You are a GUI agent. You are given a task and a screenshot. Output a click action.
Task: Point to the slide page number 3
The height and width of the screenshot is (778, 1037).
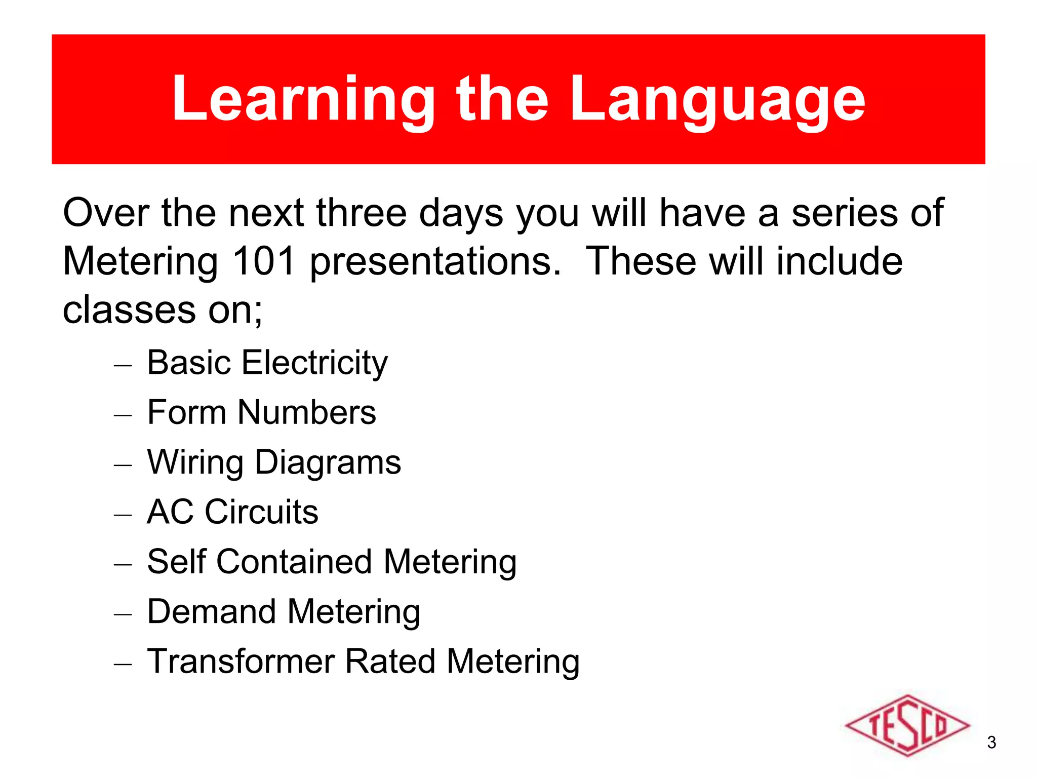(991, 743)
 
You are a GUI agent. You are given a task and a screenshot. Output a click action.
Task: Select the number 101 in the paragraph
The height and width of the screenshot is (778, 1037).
(263, 261)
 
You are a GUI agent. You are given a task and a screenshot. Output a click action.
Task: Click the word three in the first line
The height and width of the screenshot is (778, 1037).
(362, 213)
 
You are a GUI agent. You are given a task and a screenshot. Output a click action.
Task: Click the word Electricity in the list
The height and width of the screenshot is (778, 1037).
(315, 363)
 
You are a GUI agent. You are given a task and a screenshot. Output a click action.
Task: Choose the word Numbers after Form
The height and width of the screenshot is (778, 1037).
(307, 412)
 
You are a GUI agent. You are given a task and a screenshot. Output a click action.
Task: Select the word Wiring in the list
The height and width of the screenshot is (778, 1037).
(195, 463)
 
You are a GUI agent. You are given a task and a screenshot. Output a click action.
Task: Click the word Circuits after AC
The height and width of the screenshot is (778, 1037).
(261, 512)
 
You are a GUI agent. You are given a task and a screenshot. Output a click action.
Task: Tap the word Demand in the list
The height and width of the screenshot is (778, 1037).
(211, 611)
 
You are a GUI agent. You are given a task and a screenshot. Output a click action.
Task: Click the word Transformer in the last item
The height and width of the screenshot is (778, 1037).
(241, 662)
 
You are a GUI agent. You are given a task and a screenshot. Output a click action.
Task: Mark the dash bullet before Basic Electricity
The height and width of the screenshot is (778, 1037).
(123, 365)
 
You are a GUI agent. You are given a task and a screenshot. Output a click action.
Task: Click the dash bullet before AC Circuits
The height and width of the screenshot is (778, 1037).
(123, 515)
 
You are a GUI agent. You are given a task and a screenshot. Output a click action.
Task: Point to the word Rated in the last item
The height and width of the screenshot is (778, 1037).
(390, 662)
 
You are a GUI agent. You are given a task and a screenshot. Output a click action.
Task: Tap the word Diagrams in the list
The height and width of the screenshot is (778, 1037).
(328, 463)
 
